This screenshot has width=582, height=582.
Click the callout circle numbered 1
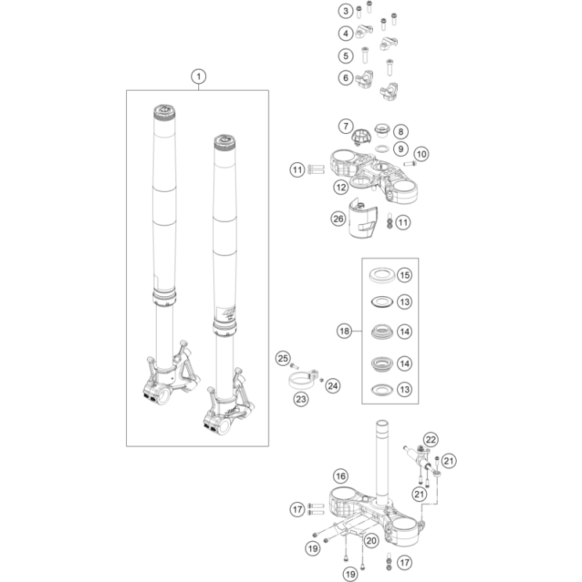click(199, 77)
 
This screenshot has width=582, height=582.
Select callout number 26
click(338, 219)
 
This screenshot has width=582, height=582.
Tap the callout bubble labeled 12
click(341, 187)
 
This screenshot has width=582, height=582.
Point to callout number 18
click(344, 331)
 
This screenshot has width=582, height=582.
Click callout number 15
click(404, 275)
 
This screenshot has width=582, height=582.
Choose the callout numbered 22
click(431, 440)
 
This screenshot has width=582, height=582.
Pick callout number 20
click(371, 540)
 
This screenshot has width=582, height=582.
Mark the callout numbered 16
click(341, 475)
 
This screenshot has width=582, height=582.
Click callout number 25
click(283, 358)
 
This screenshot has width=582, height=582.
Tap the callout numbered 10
click(421, 154)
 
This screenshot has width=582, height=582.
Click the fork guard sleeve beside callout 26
click(363, 219)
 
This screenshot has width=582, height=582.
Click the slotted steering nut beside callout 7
click(361, 136)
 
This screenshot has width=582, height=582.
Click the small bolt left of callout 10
click(410, 163)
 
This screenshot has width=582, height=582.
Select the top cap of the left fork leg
click(164, 112)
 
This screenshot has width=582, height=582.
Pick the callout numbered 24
click(333, 386)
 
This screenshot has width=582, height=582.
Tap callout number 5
click(345, 56)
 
